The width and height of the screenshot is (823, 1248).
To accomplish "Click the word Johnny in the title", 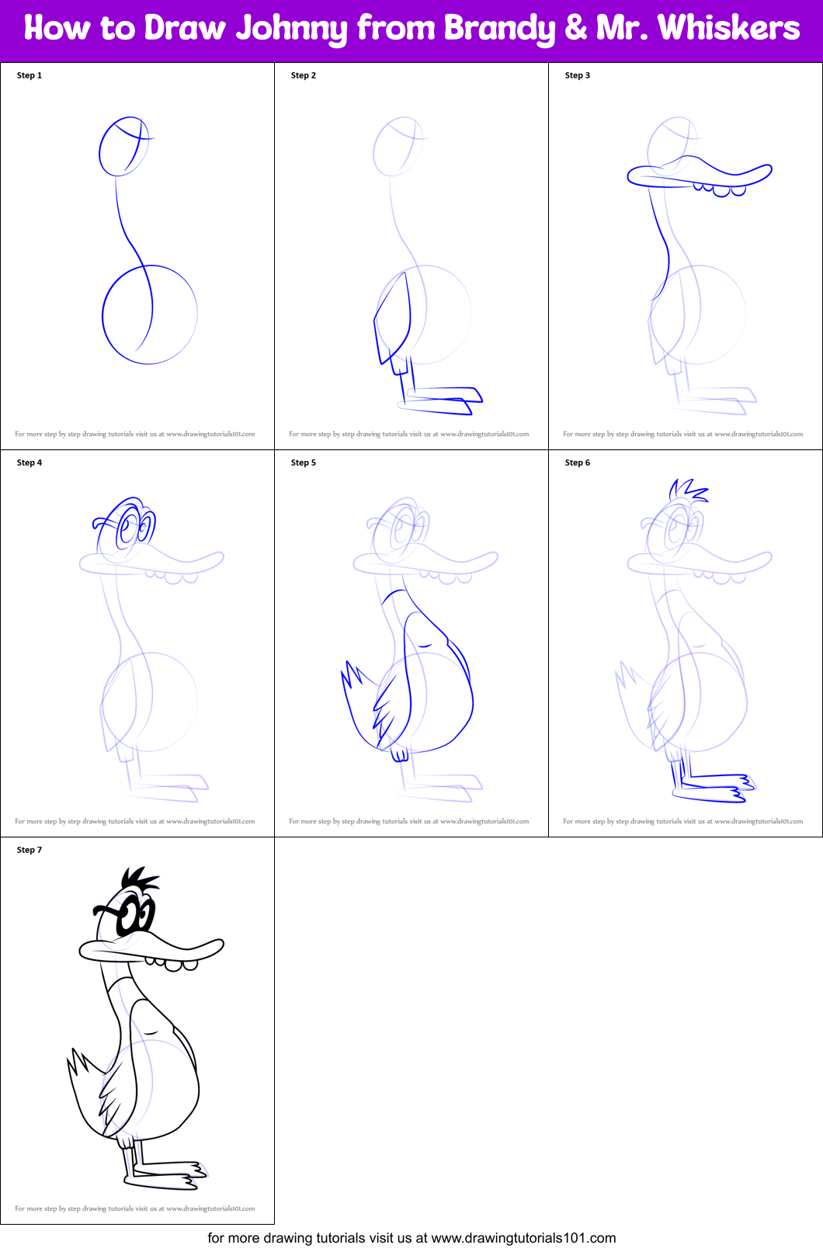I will (292, 29).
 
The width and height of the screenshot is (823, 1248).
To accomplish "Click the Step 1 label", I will (30, 75).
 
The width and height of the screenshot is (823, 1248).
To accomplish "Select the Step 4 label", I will (30, 463).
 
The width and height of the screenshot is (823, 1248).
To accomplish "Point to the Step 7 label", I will (30, 850).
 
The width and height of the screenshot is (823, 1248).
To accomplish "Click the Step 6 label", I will (578, 463).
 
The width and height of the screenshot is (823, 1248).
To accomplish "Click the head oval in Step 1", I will (123, 147).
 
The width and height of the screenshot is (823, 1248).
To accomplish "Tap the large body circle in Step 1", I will (150, 314).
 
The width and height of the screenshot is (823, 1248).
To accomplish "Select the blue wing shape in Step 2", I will (393, 318).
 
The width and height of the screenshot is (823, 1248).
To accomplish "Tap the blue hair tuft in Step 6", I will (687, 491).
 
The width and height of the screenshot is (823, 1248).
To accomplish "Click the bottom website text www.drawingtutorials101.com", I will (523, 1238).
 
